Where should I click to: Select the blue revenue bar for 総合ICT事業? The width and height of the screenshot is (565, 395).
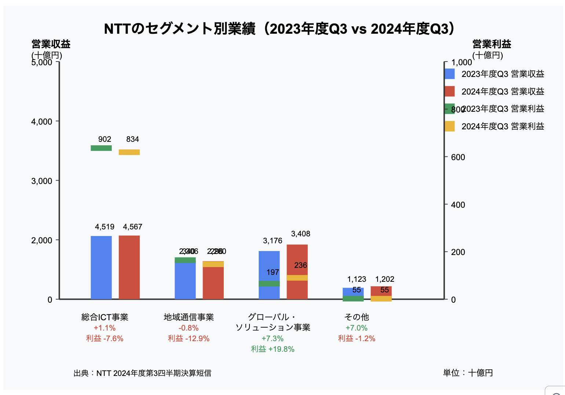[101, 267]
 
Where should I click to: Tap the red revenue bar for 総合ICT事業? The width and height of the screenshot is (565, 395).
[129, 267]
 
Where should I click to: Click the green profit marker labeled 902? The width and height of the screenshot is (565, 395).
[101, 148]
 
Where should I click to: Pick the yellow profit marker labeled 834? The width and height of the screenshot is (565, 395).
[129, 152]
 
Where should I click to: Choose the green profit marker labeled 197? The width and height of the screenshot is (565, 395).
[269, 283]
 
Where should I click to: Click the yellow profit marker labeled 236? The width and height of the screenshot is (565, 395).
[297, 278]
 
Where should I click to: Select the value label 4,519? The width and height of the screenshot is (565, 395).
[105, 227]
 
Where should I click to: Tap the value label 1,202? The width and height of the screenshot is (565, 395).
[384, 279]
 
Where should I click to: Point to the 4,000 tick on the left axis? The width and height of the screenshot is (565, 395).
[42, 122]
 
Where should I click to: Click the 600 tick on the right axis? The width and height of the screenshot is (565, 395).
[458, 157]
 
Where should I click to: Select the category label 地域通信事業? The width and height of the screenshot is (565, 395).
[189, 317]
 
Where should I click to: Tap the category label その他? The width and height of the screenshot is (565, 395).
[357, 317]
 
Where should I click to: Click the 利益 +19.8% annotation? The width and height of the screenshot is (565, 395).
[273, 349]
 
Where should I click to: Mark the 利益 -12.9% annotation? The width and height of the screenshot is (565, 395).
[189, 339]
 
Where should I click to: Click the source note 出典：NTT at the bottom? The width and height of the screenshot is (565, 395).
[142, 373]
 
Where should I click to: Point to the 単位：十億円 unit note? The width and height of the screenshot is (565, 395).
[468, 373]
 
